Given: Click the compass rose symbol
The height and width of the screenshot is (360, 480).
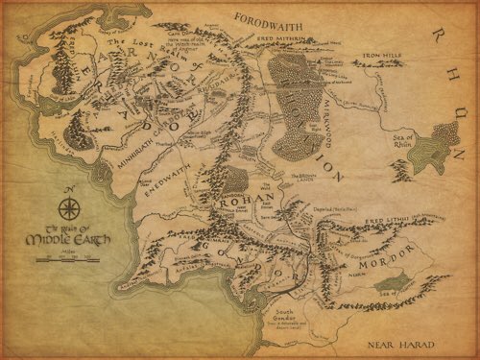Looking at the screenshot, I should click(68, 208).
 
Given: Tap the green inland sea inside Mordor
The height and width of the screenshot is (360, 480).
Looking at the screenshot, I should click(391, 281).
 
